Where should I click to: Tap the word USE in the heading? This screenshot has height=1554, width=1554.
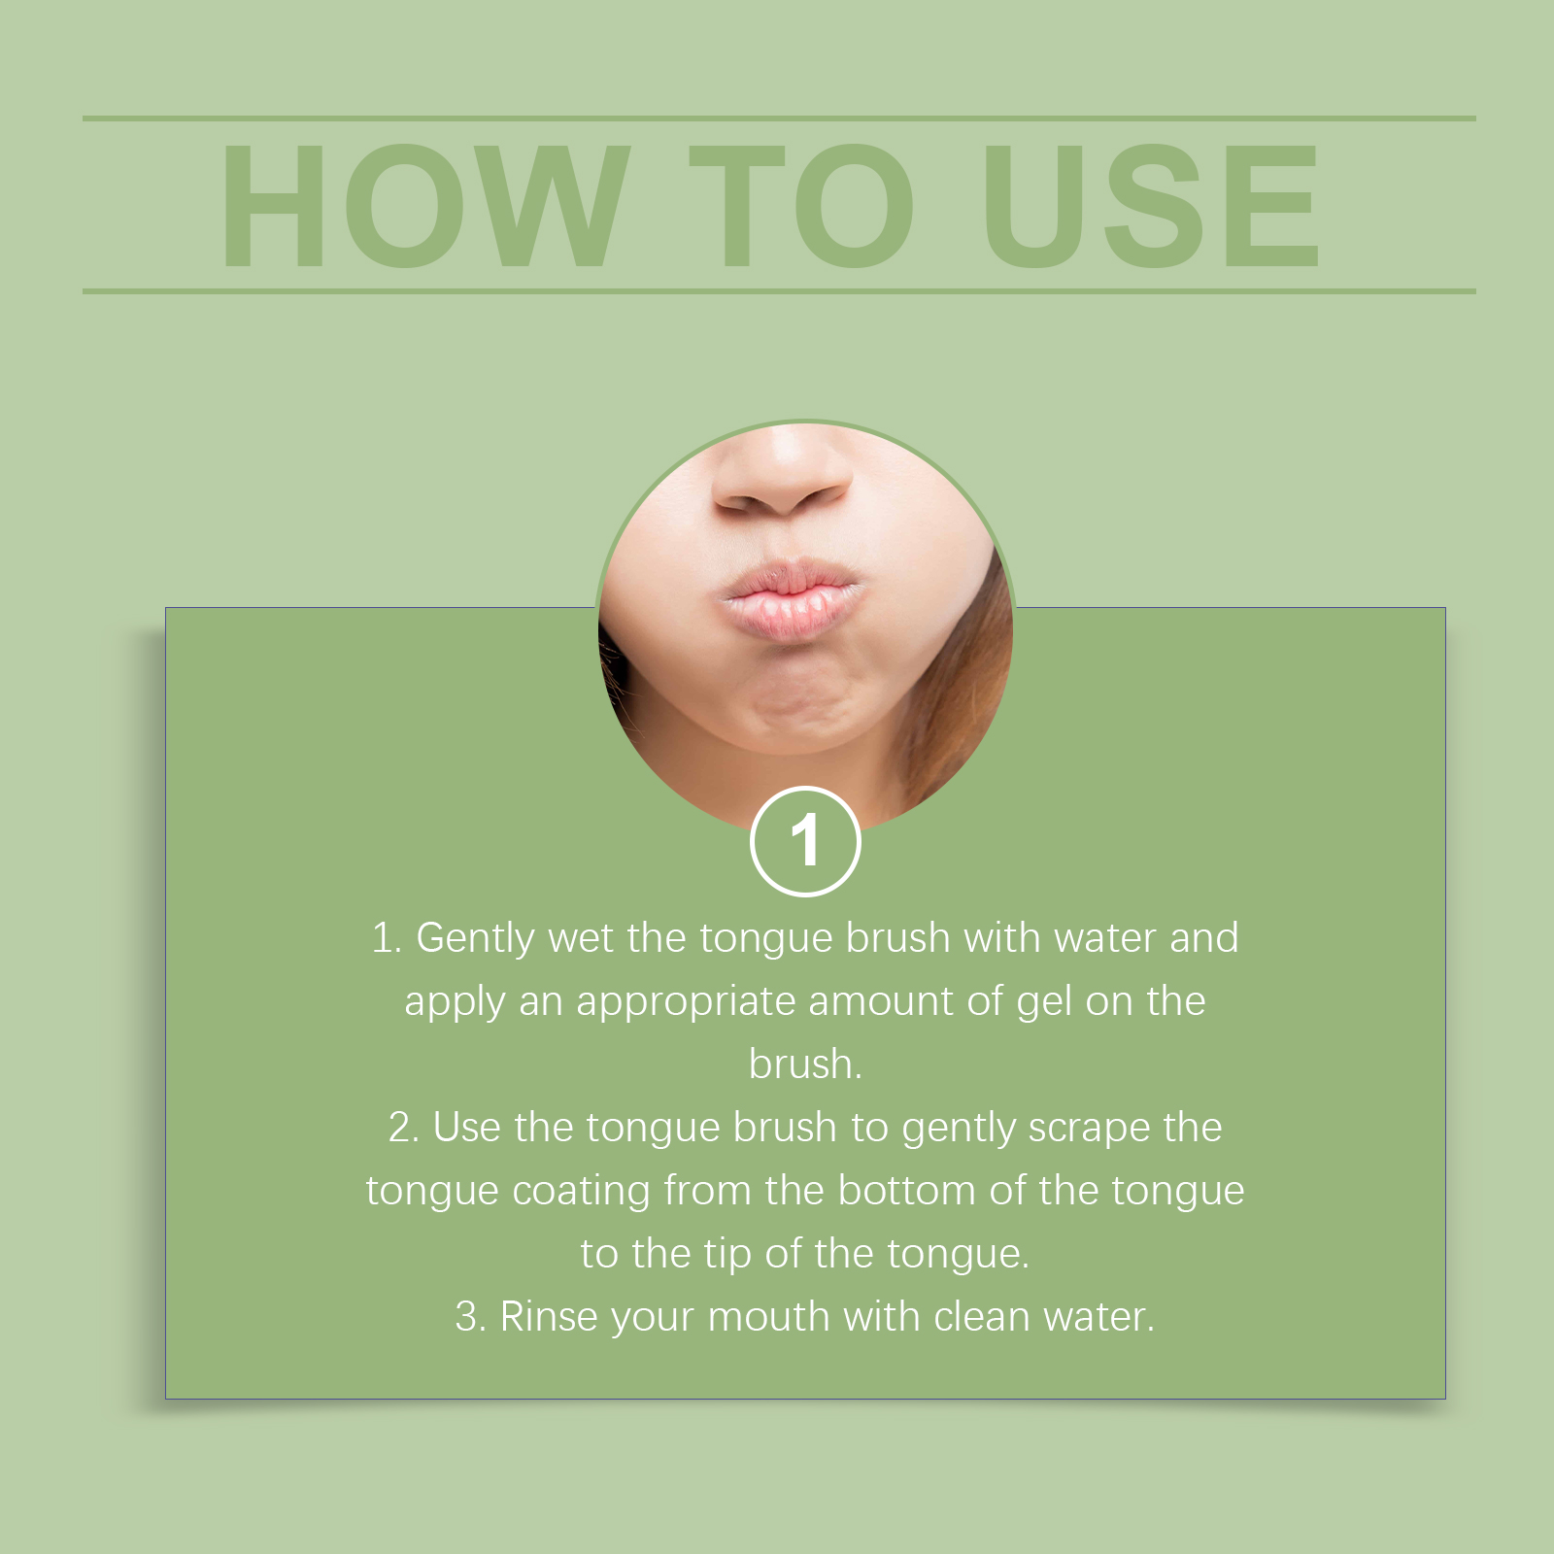pos(1152,205)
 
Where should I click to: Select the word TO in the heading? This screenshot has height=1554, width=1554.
pos(802,205)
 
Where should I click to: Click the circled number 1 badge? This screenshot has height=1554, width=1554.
pos(805,841)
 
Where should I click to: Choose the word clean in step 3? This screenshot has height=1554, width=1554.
pos(982,1317)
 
